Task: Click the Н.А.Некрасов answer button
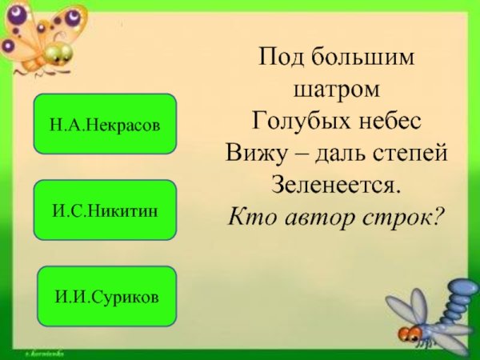104,124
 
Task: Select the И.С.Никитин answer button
104,210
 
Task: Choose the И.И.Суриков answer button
106,296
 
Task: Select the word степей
408,152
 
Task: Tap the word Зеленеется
336,184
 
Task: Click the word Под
279,58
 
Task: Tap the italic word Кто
250,216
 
